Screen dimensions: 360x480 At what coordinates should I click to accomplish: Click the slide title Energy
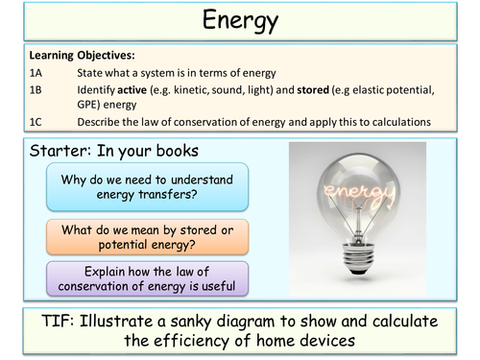pos(241,20)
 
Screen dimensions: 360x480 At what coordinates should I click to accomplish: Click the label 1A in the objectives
pos(39,72)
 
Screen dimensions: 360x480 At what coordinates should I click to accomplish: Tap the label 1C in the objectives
pos(39,121)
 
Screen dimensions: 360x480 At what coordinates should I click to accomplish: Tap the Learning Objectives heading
pos(82,55)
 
